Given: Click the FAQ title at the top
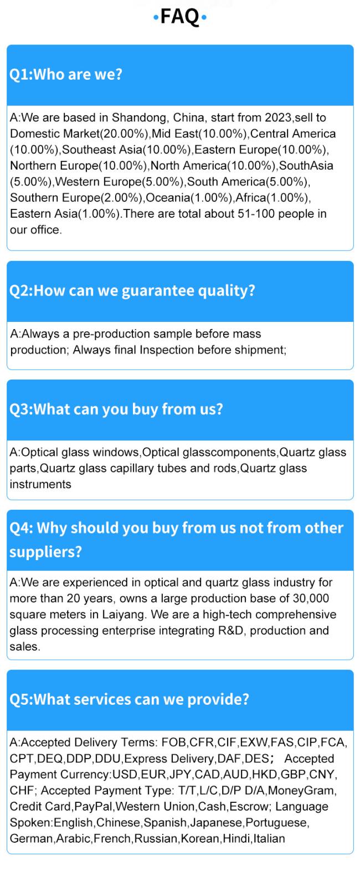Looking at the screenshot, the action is point(180,17).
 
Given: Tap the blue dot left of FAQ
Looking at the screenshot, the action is point(156,18).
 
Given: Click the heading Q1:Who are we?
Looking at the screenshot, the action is point(66,74).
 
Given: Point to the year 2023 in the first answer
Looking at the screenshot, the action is point(277,117).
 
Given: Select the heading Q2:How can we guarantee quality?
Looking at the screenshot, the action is point(132,291).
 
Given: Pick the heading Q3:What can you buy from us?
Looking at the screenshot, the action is point(116,409).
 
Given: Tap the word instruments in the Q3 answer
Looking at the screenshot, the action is point(40,484).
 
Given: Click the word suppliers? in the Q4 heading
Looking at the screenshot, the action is point(45,552).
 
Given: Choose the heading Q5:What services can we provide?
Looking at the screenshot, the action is point(129,700).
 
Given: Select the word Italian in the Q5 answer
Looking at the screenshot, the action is point(269,838).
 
